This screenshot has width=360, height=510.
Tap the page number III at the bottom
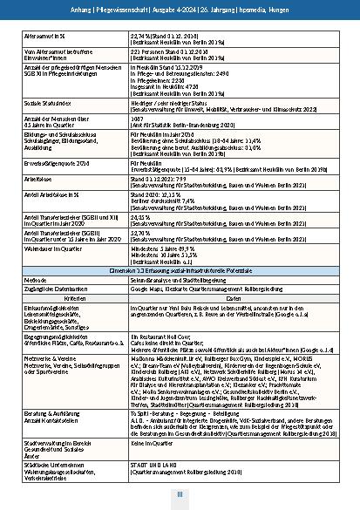(x=180, y=494)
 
